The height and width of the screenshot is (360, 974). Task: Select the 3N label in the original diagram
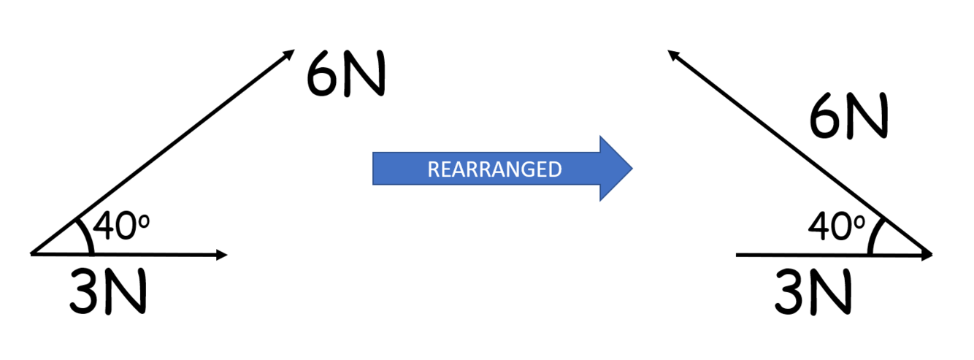[x=108, y=291]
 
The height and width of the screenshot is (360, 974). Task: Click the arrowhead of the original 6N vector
[x=290, y=53]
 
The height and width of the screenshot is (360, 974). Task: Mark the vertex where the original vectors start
[x=32, y=254]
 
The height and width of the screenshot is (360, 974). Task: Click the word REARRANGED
[x=494, y=169]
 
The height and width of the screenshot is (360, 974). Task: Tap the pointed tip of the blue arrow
[x=630, y=169]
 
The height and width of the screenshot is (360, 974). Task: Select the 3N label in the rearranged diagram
[x=813, y=291]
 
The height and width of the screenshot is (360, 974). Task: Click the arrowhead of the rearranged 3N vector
[x=929, y=256]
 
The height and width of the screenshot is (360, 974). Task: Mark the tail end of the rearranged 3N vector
[x=737, y=256]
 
